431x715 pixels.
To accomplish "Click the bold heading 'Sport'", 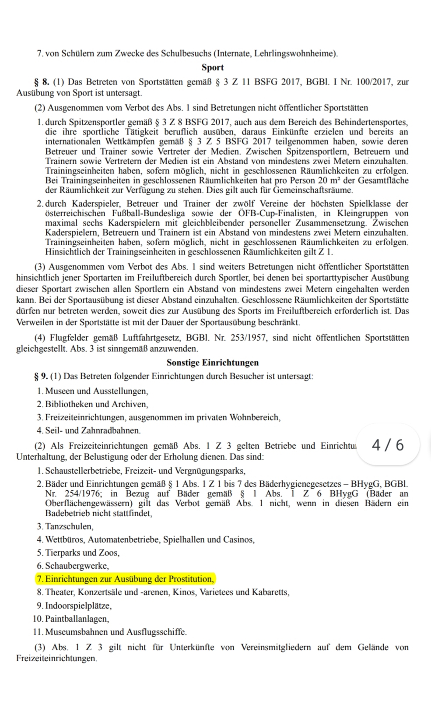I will point(213,67).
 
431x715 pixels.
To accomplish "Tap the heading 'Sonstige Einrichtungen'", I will point(213,363).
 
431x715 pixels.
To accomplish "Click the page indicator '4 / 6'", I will point(388,445).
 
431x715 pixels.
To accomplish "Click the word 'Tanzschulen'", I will point(69,526).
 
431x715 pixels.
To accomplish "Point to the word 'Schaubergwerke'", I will point(76,566).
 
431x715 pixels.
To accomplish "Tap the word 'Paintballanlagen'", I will point(77,619).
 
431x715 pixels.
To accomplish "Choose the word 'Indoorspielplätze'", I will point(78,606).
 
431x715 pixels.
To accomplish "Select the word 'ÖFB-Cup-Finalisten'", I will point(275,213).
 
